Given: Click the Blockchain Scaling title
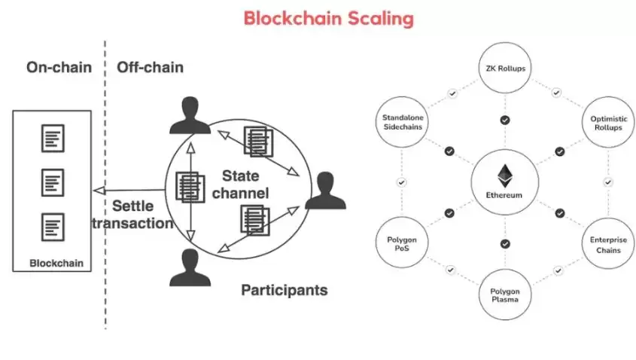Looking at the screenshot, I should click(328, 18).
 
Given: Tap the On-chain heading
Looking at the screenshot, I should click(59, 68).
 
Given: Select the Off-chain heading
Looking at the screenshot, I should click(150, 68).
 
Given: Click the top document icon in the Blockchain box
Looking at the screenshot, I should click(53, 139).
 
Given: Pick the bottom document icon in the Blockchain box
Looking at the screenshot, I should click(53, 226).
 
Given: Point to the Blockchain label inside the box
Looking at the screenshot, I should click(56, 264).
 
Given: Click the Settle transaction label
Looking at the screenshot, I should click(132, 214).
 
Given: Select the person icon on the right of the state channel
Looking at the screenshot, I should click(325, 191).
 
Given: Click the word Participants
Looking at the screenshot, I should click(284, 289).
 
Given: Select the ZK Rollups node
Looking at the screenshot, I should click(505, 69).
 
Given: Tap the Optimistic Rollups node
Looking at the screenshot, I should click(607, 123).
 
